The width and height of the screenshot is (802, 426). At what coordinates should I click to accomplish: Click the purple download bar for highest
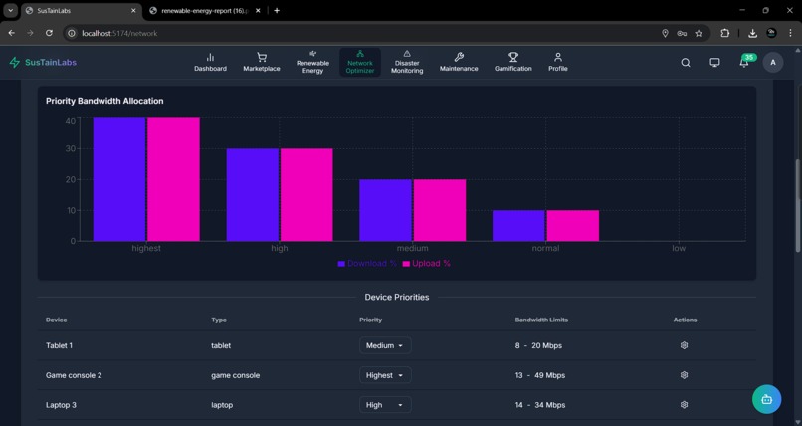tap(119, 179)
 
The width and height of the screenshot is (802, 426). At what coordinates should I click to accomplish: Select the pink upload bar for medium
tap(440, 210)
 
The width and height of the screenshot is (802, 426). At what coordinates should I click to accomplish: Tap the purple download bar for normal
tap(518, 225)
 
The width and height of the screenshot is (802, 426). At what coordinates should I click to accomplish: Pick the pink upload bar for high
tap(306, 195)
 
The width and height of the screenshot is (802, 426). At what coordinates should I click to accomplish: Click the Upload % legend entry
tap(427, 264)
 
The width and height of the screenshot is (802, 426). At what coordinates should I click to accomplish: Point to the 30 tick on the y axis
tap(70, 149)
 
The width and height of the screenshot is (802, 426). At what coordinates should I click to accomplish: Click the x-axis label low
tap(679, 248)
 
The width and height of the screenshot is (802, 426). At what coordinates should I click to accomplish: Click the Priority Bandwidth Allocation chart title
tap(104, 101)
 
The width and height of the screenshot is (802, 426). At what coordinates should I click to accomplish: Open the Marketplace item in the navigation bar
tap(261, 63)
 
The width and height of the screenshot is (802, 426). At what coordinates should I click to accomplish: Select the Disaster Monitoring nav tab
tap(406, 63)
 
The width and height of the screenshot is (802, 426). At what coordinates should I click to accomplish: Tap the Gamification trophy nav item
tap(512, 63)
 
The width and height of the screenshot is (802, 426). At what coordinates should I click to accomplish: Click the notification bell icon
tap(743, 63)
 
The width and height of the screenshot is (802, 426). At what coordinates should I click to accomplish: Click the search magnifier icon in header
tap(686, 63)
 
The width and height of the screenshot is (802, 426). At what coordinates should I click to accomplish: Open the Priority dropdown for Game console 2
tap(385, 375)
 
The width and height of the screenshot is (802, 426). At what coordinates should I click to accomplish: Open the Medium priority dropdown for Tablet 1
tap(385, 345)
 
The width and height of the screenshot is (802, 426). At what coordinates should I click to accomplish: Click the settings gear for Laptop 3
tap(684, 405)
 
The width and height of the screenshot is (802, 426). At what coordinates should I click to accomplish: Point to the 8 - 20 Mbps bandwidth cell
tap(538, 345)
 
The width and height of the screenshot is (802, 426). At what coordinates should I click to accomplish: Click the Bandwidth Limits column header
tap(541, 319)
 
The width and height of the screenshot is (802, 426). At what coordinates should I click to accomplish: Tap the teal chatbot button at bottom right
tap(766, 399)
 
